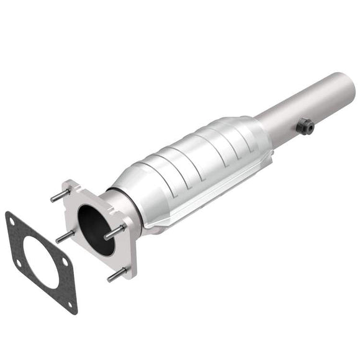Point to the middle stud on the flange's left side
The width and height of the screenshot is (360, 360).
64,236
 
